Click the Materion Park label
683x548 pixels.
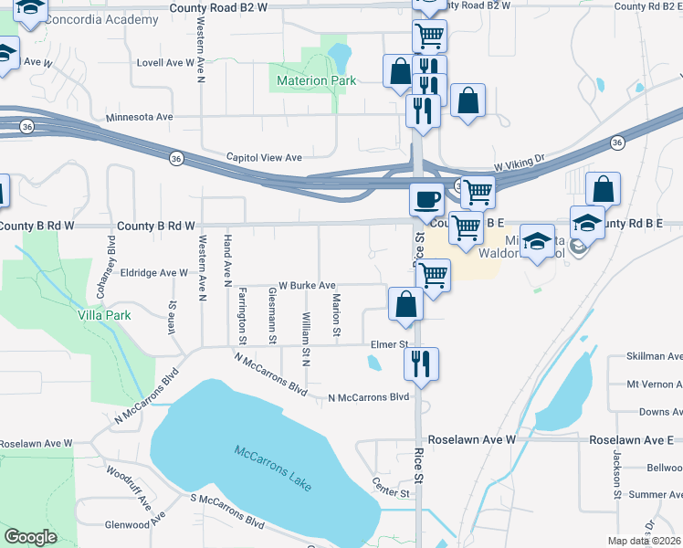315,81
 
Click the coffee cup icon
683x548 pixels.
426,197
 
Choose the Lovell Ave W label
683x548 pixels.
164,63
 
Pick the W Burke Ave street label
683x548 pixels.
307,285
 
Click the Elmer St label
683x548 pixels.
388,344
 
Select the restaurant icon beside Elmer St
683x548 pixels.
421,362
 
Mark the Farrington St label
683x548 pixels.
243,311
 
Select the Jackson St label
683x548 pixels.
618,479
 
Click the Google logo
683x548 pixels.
30,537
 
